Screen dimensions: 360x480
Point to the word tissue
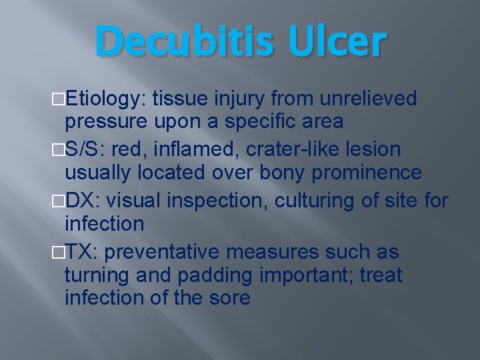pyautogui.click(x=181, y=99)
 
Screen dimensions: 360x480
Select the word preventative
pyautogui.click(x=163, y=252)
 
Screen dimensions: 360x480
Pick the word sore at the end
pyautogui.click(x=229, y=298)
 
